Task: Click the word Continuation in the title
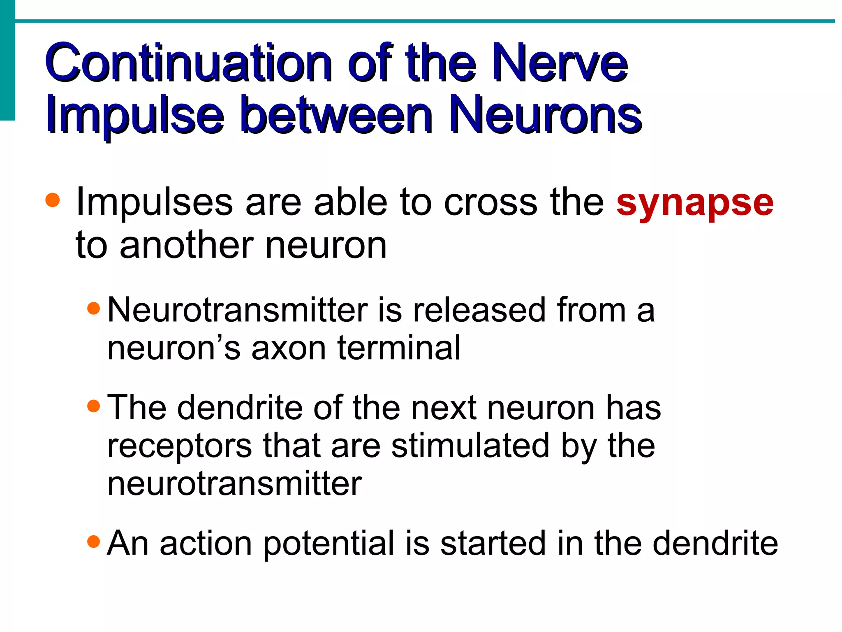click(188, 63)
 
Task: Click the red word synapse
click(695, 204)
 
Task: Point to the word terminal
click(399, 348)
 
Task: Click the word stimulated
click(470, 446)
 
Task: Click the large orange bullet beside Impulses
click(53, 201)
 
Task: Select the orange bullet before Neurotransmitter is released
click(94, 308)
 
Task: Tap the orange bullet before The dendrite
click(94, 406)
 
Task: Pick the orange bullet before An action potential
click(94, 541)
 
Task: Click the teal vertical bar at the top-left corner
click(7, 60)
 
